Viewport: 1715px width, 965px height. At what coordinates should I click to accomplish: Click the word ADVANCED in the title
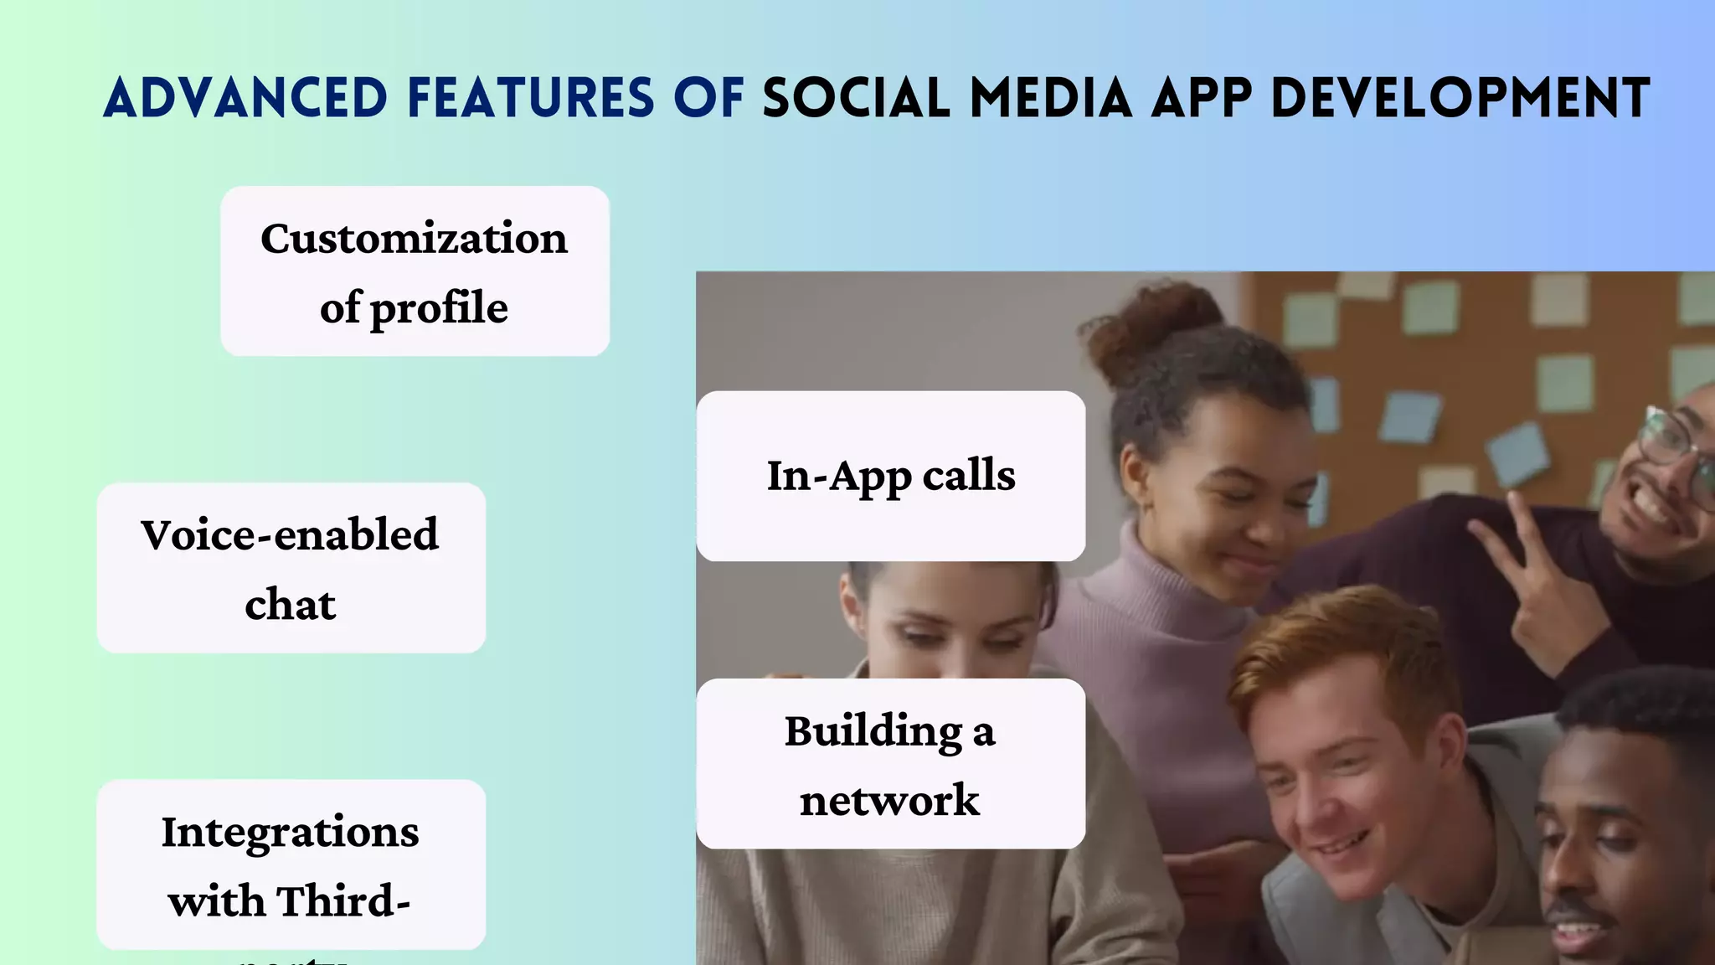pos(245,98)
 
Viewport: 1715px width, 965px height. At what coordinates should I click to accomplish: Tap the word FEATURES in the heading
pos(530,98)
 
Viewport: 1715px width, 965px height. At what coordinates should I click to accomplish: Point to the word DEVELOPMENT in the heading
pos(1460,98)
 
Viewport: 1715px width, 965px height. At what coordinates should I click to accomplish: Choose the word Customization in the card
pos(414,239)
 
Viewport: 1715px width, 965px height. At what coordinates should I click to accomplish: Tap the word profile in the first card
pos(439,308)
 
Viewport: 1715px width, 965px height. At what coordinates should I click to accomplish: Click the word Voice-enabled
pos(290,535)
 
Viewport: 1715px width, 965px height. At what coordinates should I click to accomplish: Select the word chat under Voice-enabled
pos(290,605)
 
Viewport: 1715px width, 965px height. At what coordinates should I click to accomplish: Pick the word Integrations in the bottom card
pos(290,833)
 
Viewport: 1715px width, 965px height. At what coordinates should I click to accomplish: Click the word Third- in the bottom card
pos(343,901)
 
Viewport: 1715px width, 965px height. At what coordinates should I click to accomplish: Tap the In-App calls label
pos(890,476)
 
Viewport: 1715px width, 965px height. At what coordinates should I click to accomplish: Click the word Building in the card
pos(873,731)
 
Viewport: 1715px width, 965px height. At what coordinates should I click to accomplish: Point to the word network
pos(889,801)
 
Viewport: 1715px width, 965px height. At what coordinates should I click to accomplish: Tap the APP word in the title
pos(1201,98)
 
